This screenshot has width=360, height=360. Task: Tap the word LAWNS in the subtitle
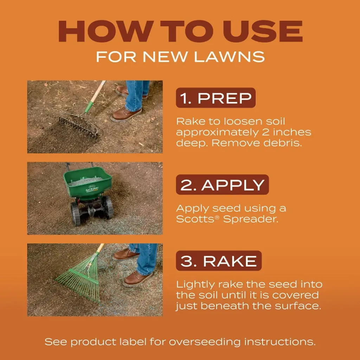[229, 57]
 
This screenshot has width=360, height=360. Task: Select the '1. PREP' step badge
[216, 98]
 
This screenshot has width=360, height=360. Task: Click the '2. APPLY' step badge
[222, 185]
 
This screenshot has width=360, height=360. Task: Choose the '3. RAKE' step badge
[219, 261]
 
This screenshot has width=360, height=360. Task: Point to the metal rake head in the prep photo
[78, 126]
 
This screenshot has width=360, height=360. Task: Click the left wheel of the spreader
[75, 214]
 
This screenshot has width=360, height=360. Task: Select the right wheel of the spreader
[108, 207]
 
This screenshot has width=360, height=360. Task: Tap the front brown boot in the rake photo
[137, 278]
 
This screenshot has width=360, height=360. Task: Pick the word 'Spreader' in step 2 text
[250, 219]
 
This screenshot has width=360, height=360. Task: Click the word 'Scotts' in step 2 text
[195, 219]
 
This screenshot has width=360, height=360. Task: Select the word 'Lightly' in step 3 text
[195, 285]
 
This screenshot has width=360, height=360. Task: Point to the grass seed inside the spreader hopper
[86, 181]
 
